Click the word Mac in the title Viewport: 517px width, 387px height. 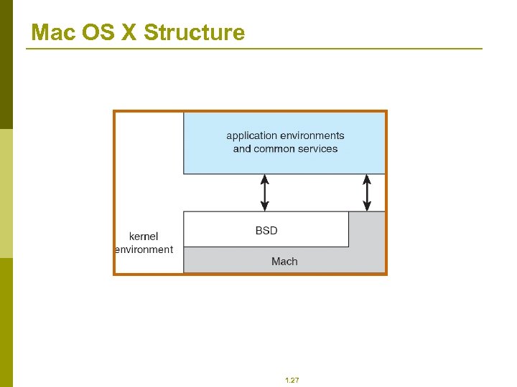coord(49,32)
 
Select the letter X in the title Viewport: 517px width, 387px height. coord(129,32)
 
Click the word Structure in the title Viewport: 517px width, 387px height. coord(194,32)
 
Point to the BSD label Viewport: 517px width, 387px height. coord(266,231)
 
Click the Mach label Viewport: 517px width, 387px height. coord(284,262)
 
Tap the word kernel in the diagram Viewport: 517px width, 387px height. coord(144,236)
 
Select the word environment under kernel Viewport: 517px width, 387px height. coord(144,249)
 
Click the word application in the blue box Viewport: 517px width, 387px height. coord(251,135)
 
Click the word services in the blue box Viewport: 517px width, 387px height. coord(319,149)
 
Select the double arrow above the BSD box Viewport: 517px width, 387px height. coord(265,193)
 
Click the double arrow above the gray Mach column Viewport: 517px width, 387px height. coord(367,193)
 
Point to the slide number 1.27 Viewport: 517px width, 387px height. coord(292,380)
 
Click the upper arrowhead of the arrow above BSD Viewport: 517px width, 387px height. coord(265,178)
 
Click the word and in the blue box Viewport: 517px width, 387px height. coord(242,149)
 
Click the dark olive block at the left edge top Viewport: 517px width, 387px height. coord(6,64)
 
